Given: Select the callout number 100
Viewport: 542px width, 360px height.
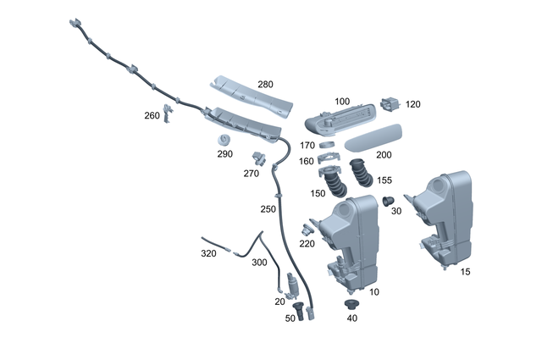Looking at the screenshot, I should (x=342, y=102).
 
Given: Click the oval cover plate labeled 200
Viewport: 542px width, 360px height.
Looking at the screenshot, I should (x=370, y=140).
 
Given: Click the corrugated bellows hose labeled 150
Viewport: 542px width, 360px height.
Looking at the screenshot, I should (x=335, y=185).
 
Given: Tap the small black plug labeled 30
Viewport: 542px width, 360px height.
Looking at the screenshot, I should (x=390, y=200).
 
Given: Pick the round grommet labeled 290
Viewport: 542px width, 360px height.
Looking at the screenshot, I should (x=224, y=139).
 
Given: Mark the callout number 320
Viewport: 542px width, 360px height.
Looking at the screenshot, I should (x=208, y=253).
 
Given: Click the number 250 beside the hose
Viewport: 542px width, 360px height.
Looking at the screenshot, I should (x=268, y=208).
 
